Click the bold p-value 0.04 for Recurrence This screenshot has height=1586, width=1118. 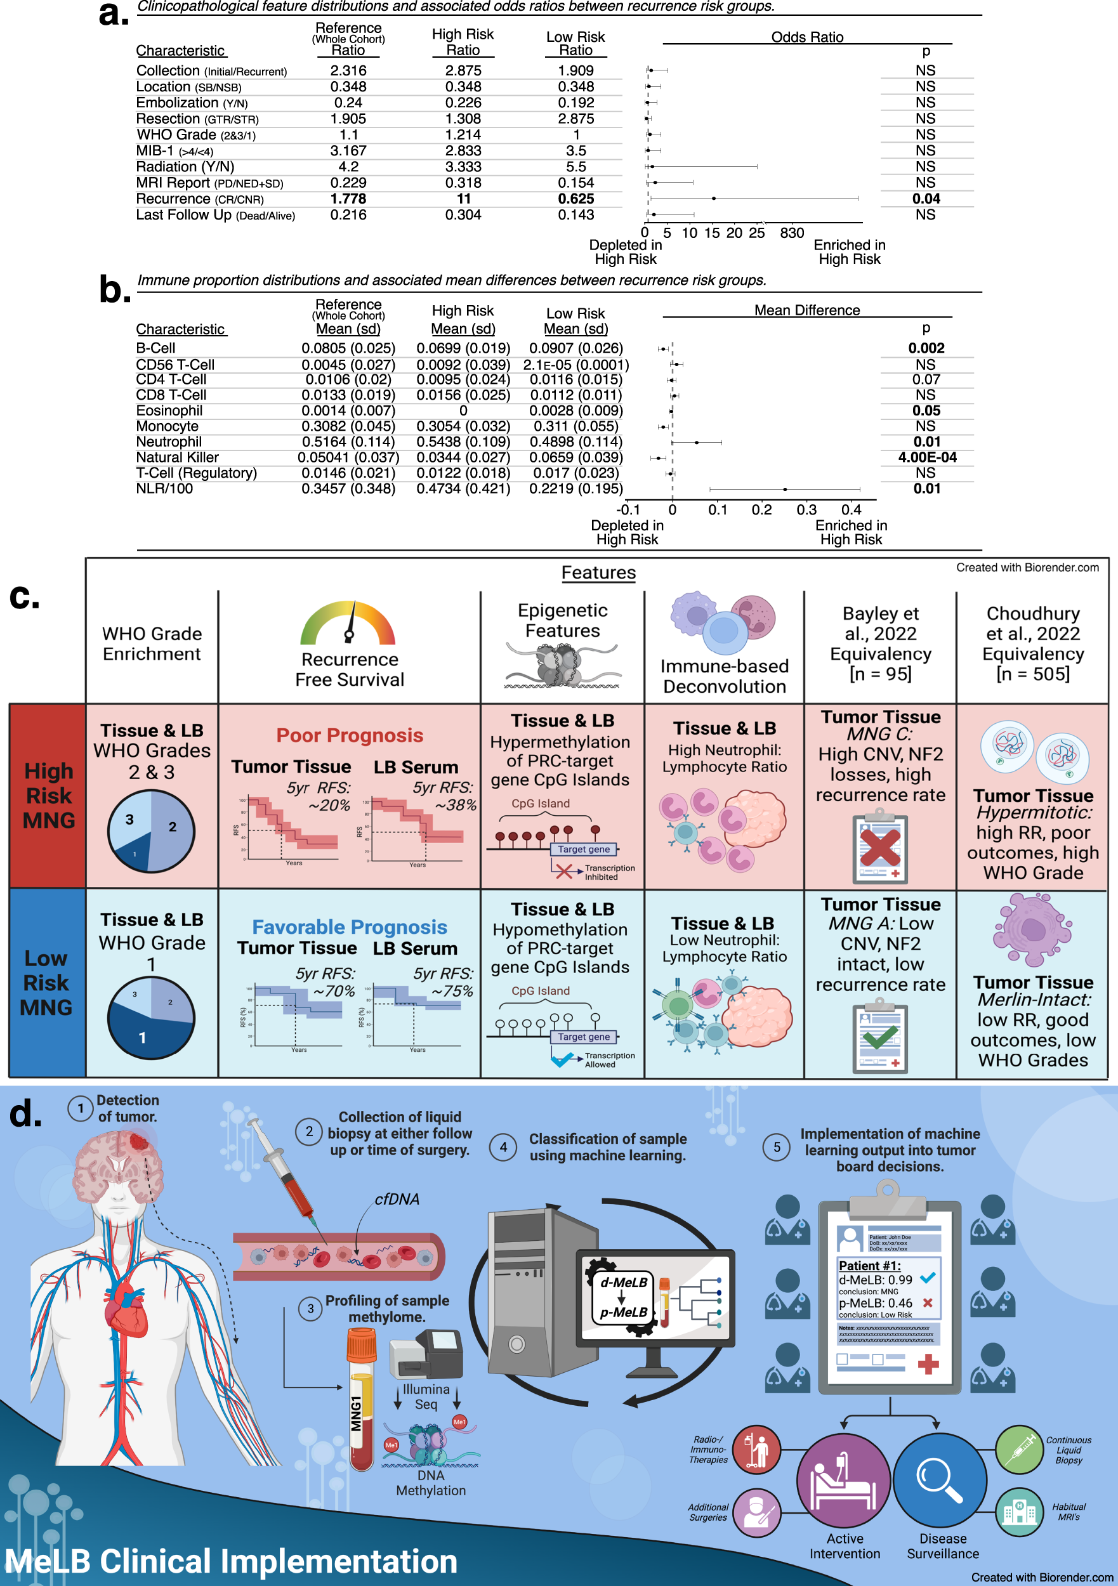pos(926,199)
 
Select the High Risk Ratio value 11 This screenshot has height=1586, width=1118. pos(463,199)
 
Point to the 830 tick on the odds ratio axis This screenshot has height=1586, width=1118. pos(792,233)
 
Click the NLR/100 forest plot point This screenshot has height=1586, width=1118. pos(785,489)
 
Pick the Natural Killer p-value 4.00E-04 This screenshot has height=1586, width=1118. pos(926,457)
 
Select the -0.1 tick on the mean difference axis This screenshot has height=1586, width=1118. pos(628,510)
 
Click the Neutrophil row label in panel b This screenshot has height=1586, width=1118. pos(169,442)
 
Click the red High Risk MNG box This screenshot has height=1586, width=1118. pos(48,795)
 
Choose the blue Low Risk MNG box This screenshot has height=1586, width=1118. pos(46,982)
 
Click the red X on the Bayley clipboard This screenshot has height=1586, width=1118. pos(879,848)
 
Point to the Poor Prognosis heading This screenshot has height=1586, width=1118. pos(350,736)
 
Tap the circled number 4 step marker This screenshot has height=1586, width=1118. pos(503,1148)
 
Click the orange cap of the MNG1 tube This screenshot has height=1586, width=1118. pos(362,1346)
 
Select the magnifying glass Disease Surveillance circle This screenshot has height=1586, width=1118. pos(940,1479)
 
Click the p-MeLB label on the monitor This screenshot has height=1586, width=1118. pos(623,1313)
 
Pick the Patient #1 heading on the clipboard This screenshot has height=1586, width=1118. pos(869,1266)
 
